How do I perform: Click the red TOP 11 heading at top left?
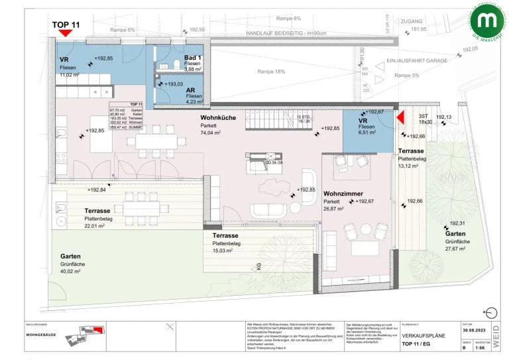66,25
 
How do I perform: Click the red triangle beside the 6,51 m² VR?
401,117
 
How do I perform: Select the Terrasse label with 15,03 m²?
226,235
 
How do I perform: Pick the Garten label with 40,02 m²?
72,256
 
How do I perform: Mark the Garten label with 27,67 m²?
455,234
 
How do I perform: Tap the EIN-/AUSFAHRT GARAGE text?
415,60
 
